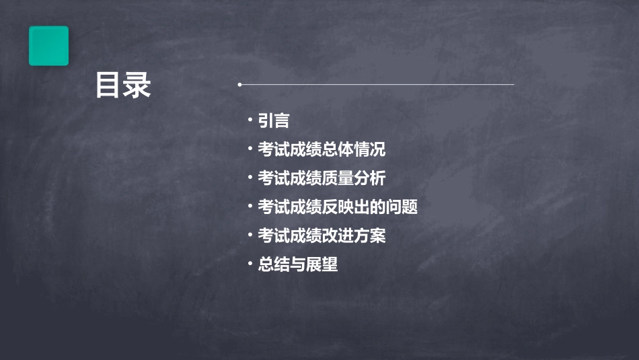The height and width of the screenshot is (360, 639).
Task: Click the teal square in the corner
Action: coord(48,46)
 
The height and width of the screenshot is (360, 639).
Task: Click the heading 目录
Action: coord(123,85)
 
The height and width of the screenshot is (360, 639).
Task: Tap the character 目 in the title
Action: coord(109,85)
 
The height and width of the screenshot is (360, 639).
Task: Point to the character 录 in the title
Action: coord(137,85)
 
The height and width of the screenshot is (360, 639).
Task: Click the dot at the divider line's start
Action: coord(239,85)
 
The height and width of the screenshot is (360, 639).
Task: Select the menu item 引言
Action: coord(274,120)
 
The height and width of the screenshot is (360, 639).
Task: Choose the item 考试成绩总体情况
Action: coord(322,149)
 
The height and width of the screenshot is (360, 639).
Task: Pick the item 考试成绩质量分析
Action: coord(322,178)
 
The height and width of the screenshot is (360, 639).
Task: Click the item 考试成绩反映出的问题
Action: coord(338,207)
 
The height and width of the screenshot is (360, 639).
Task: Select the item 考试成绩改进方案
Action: coord(322,236)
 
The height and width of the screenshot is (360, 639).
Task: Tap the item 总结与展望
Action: coord(298,265)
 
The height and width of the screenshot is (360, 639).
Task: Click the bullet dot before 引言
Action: coord(250,120)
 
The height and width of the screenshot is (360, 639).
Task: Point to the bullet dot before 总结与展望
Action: coord(250,265)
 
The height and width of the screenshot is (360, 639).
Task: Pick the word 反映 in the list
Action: coord(338,207)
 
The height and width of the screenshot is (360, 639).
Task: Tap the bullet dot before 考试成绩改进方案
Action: coord(250,236)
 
